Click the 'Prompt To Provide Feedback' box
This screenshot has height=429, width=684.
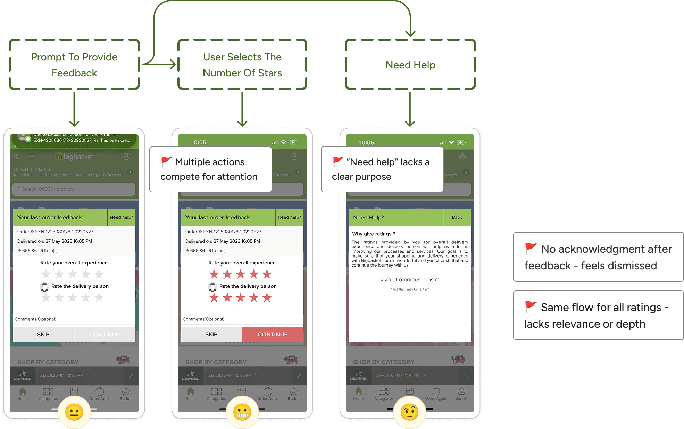click(74, 65)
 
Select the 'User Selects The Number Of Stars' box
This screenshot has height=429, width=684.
click(242, 65)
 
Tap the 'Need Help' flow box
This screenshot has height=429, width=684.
click(410, 65)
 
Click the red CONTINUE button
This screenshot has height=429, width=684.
click(273, 334)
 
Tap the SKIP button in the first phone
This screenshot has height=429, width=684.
click(43, 334)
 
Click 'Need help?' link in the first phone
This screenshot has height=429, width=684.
click(121, 217)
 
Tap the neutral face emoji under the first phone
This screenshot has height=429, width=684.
click(74, 412)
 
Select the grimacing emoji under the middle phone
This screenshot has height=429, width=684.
click(242, 412)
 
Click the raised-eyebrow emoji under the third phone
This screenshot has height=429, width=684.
click(410, 412)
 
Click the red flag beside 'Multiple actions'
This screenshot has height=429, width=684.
click(166, 161)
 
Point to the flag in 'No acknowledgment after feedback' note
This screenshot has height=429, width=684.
click(531, 248)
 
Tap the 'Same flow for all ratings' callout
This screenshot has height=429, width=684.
click(598, 315)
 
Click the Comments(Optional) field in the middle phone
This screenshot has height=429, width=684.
click(242, 319)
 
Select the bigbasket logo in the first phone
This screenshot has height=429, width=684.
click(74, 157)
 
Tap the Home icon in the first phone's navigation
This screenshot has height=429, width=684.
click(23, 394)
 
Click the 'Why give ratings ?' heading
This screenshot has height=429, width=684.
click(374, 234)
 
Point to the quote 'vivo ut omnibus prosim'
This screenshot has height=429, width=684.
click(410, 280)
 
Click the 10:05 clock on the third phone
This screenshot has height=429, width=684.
click(367, 143)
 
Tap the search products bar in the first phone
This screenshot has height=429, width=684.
click(74, 189)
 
